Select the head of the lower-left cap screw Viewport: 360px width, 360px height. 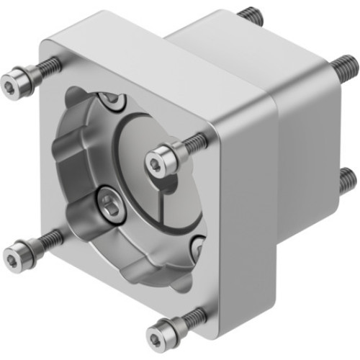19,254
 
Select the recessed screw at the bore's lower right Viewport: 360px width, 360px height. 198,248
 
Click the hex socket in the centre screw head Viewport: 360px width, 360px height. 156,161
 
